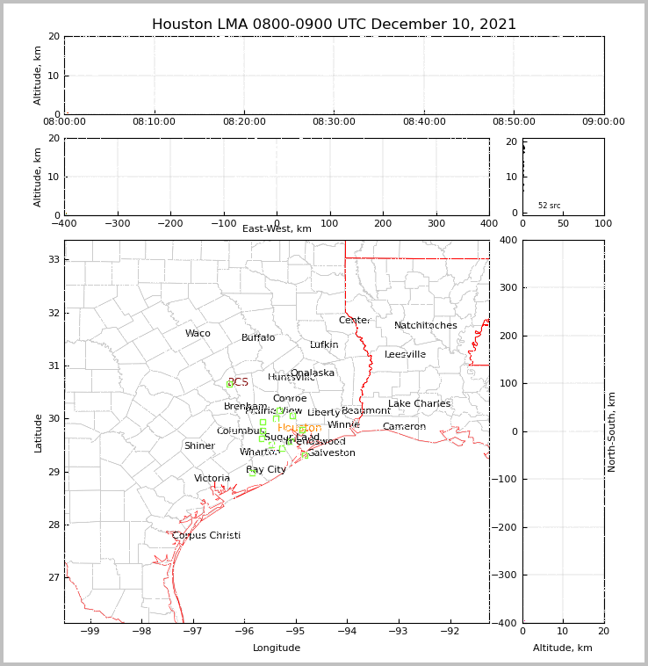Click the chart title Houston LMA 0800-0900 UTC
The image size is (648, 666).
[334, 25]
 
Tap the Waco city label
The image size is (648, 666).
[198, 334]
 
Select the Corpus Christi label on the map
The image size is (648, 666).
[206, 536]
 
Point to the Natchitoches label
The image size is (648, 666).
[426, 326]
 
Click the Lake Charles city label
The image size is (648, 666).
[419, 404]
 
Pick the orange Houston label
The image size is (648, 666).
[299, 429]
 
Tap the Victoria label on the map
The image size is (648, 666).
[212, 479]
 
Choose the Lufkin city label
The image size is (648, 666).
[324, 345]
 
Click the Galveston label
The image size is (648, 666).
[331, 453]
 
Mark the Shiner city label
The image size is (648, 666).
[199, 446]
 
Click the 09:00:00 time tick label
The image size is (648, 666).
[603, 122]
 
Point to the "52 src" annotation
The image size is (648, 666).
[550, 206]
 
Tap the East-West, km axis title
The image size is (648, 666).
[277, 229]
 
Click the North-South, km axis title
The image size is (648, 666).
[612, 431]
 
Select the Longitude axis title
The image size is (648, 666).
[277, 648]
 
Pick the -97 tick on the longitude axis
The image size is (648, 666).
[192, 632]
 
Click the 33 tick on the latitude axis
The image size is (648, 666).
[53, 260]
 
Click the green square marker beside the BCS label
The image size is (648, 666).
[230, 384]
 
